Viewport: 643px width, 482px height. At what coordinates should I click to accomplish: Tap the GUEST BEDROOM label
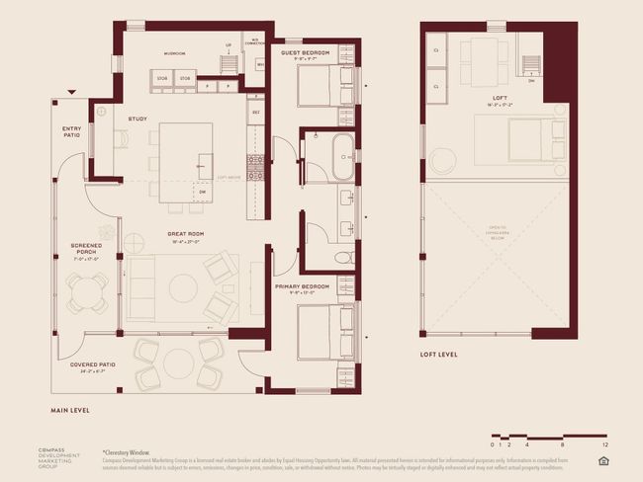tap(305, 51)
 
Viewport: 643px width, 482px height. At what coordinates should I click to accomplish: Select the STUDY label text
tap(138, 120)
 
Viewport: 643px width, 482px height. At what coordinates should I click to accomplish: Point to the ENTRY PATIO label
tap(71, 131)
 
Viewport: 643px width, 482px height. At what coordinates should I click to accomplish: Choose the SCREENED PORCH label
tap(87, 249)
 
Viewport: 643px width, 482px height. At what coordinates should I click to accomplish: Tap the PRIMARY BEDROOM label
tap(301, 286)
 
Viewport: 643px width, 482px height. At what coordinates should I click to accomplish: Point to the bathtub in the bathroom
tap(342, 158)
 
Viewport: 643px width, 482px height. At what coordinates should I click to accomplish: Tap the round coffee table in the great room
tap(183, 287)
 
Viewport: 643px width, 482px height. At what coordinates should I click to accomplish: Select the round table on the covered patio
tap(179, 362)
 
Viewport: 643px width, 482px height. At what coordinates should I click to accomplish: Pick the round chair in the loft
tap(441, 161)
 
